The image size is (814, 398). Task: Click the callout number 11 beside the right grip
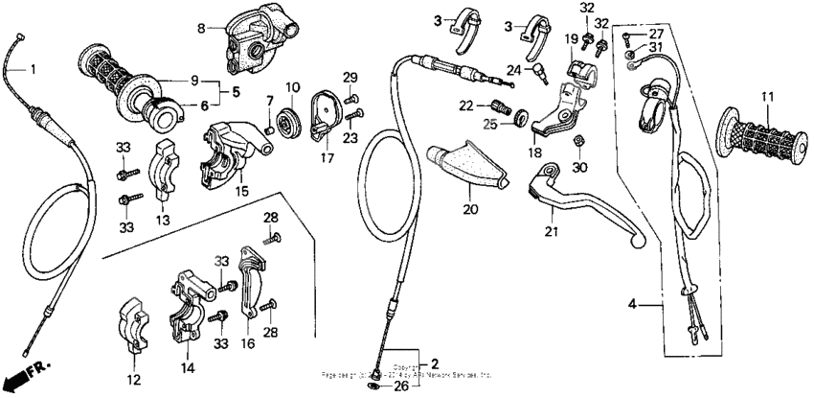(x=766, y=97)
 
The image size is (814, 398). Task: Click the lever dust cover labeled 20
(x=466, y=169)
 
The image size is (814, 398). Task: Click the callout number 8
(x=201, y=29)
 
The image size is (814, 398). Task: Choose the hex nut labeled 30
(x=578, y=142)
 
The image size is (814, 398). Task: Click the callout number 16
(x=247, y=340)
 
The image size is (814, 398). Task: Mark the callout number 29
(x=350, y=77)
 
